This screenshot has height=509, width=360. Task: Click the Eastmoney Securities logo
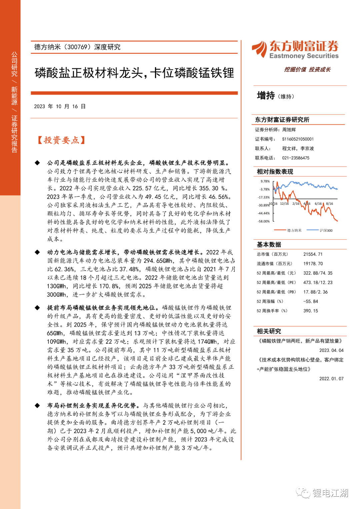(x=295, y=50)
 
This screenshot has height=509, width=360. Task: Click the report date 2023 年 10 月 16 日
(x=60, y=106)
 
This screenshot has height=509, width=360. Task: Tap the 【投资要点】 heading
(x=61, y=140)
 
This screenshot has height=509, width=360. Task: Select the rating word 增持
(x=266, y=96)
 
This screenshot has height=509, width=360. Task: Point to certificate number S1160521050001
(x=298, y=139)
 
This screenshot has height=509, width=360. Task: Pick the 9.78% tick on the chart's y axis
(x=265, y=181)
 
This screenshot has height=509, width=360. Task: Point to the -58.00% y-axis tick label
(x=264, y=221)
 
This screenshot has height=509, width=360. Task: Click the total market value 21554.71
(x=313, y=254)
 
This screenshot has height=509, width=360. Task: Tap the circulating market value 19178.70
(x=313, y=264)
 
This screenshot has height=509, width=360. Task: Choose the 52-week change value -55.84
(x=310, y=301)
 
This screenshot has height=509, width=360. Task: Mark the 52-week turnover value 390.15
(x=310, y=311)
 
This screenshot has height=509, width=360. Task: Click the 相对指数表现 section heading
(x=275, y=172)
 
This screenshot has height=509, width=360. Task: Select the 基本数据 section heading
(x=269, y=245)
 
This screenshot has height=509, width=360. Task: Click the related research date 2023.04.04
(x=331, y=350)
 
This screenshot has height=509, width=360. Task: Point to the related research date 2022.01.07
(x=331, y=379)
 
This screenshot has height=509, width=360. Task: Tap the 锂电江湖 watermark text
(x=330, y=493)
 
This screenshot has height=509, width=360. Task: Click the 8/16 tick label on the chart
(x=329, y=204)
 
